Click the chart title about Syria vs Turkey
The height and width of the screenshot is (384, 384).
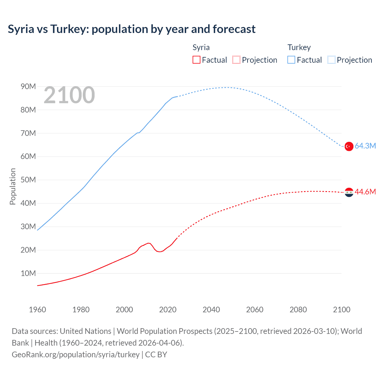132,29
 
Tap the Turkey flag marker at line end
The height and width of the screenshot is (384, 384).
349,146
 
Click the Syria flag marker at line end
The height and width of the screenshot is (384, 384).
349,192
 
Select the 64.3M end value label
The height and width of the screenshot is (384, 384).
365,146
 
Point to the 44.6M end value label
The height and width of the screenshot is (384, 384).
365,192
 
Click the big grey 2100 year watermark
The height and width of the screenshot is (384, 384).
69,95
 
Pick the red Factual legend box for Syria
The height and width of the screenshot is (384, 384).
196,60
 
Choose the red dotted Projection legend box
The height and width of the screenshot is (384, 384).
236,60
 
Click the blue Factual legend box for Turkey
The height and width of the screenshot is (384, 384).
291,60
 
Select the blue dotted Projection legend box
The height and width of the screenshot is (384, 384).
331,60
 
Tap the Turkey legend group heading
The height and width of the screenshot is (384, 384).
299,47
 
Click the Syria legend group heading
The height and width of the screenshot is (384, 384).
201,47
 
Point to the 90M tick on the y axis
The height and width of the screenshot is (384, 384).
28,87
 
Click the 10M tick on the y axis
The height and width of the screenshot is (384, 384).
28,274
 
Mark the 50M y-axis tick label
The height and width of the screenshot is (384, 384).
28,180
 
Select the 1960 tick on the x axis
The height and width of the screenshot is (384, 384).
37,310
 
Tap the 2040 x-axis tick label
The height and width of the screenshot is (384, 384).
211,310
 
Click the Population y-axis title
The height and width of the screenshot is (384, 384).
13,186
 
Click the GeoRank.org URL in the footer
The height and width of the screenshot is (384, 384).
76,355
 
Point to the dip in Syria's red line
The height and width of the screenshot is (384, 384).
160,251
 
